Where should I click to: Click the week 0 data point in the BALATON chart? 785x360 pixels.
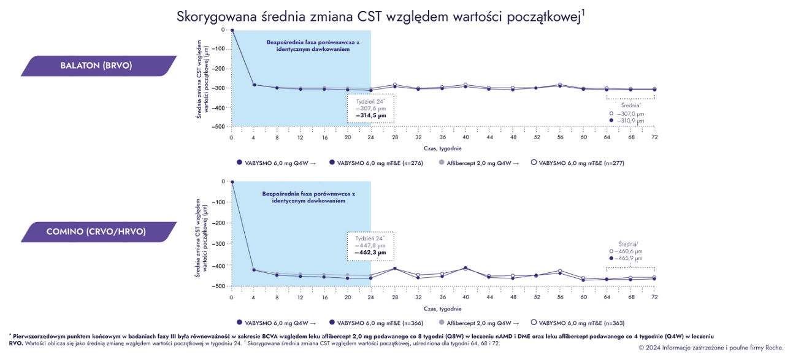232,29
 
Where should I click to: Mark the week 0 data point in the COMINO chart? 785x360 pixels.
232,182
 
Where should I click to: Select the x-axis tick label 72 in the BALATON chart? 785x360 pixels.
654,137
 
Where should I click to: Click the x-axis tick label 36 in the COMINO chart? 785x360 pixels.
442,297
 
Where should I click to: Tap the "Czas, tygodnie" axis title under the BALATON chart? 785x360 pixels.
443,148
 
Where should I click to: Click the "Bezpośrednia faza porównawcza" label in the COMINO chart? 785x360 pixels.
308,194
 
